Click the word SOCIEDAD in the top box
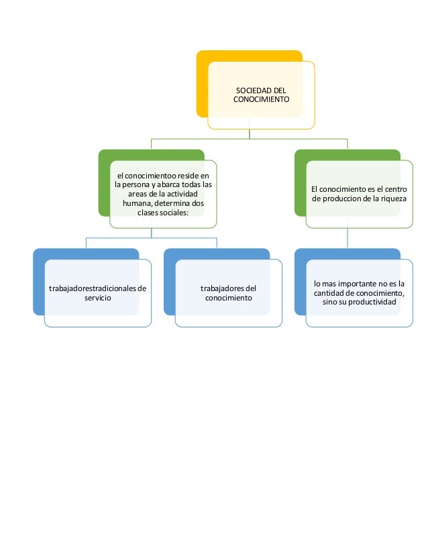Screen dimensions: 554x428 pyautogui.click(x=250, y=89)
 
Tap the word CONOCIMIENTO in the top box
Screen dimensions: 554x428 pyautogui.click(x=261, y=99)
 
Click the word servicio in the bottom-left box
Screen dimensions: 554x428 pyautogui.click(x=98, y=297)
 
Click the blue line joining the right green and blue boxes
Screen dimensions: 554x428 pyautogui.click(x=347, y=239)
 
